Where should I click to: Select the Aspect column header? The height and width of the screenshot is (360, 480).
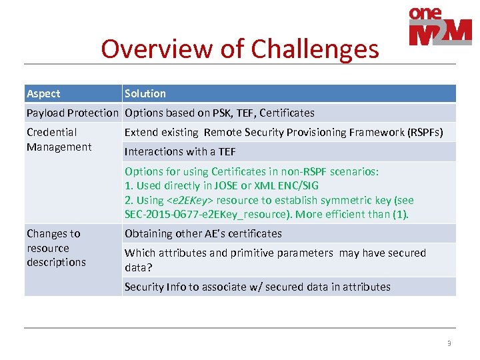pos(43,94)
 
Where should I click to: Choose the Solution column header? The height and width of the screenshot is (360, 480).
pos(145,94)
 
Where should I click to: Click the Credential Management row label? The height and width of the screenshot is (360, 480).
pos(59,140)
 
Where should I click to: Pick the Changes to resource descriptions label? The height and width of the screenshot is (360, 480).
pos(56,248)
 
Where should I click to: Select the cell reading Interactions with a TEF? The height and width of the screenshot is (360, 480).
pos(180,152)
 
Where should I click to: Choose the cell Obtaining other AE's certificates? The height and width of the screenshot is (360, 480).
pos(203,234)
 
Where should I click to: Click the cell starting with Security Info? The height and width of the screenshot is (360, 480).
pos(257,287)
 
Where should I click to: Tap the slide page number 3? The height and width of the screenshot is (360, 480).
pos(449,344)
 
